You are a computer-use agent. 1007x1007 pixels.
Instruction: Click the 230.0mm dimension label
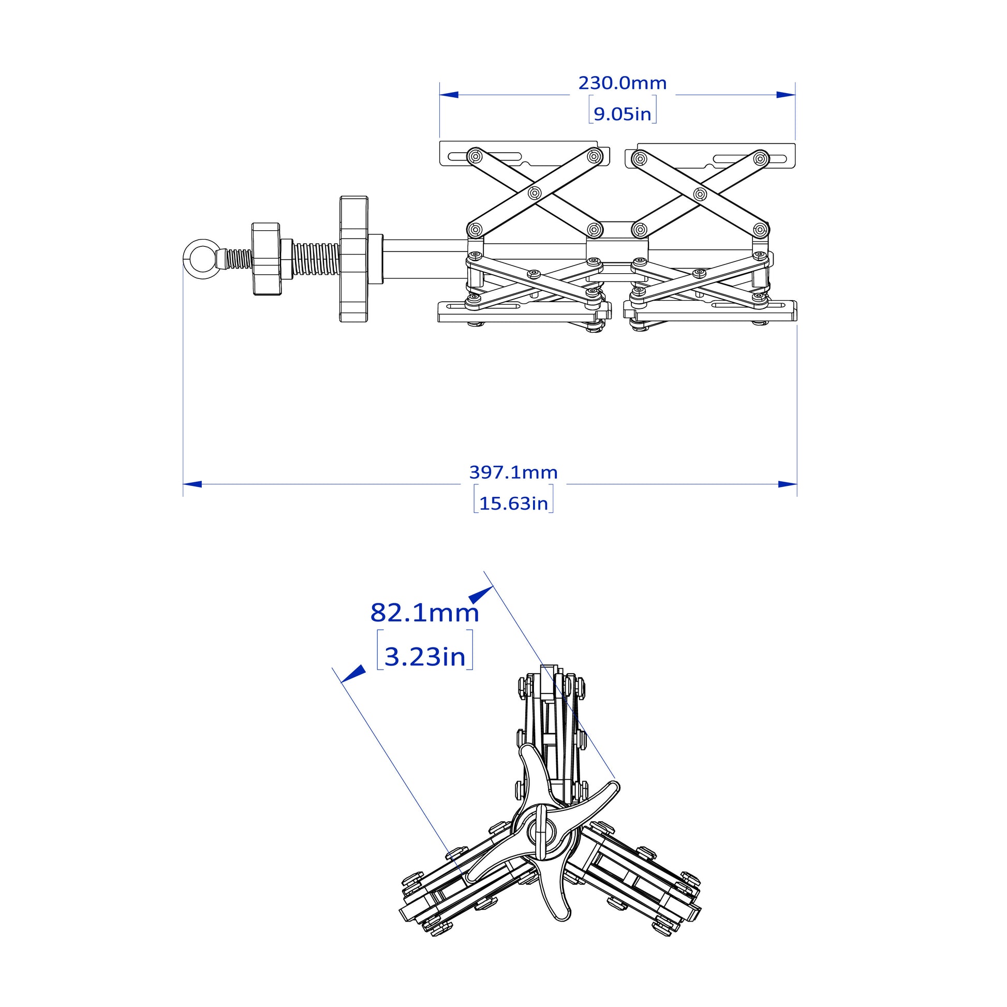tap(623, 83)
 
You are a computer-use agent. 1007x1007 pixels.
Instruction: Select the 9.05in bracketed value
tap(623, 114)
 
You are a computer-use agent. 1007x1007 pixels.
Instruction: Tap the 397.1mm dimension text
tap(513, 473)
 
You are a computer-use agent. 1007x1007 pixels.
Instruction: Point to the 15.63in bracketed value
tap(513, 503)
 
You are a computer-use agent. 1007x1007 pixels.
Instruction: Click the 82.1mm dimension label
tap(424, 614)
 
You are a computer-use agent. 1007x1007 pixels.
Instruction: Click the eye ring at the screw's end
tap(202, 258)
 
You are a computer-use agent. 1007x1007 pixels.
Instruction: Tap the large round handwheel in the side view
tap(354, 259)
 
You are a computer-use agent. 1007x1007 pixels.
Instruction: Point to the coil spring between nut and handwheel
tap(315, 259)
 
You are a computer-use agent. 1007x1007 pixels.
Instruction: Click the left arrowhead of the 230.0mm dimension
tap(449, 95)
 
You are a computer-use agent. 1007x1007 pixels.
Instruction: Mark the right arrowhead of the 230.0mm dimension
tap(786, 95)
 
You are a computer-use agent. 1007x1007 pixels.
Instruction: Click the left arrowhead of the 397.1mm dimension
tap(192, 484)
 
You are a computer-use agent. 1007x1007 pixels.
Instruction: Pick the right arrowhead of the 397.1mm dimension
tap(788, 484)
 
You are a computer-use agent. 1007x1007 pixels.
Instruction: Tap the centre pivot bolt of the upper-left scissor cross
tap(534, 194)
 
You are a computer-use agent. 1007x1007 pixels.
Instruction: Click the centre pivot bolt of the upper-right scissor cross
tap(700, 194)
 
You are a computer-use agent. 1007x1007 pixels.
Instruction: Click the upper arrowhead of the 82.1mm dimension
tap(481, 595)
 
